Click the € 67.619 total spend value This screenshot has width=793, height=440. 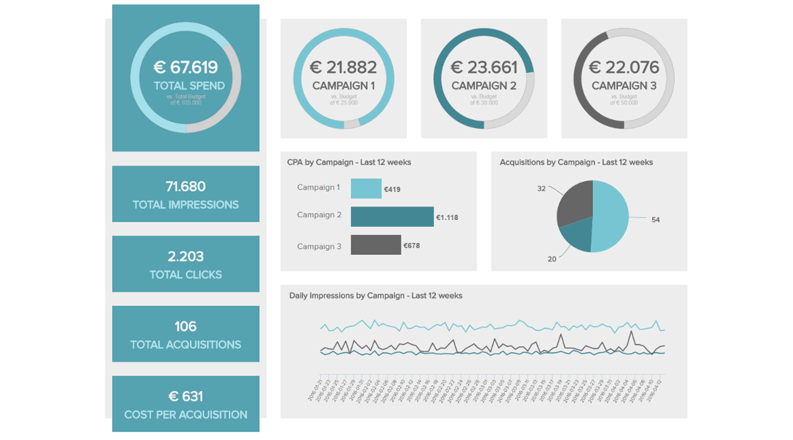[x=185, y=67]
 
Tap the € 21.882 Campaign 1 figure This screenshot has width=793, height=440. [x=343, y=67]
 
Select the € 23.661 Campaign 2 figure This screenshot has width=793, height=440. [x=484, y=67]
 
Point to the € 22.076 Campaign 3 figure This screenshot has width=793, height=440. [x=624, y=67]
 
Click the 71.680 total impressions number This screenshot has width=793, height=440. [x=185, y=186]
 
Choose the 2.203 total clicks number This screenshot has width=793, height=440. [x=185, y=256]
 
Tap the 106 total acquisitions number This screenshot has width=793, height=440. [x=185, y=326]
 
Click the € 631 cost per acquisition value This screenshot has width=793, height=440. [x=185, y=396]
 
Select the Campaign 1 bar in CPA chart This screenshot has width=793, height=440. [x=366, y=189]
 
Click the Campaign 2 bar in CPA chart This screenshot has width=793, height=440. [x=392, y=217]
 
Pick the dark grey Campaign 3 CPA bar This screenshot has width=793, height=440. [x=376, y=245]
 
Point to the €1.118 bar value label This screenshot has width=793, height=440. [x=447, y=218]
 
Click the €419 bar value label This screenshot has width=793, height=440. [x=392, y=189]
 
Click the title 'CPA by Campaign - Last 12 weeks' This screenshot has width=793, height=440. [x=349, y=162]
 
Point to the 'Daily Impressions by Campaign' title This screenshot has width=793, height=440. [x=376, y=296]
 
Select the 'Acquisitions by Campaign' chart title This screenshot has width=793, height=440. [x=576, y=162]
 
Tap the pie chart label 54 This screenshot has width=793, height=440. [x=655, y=220]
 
